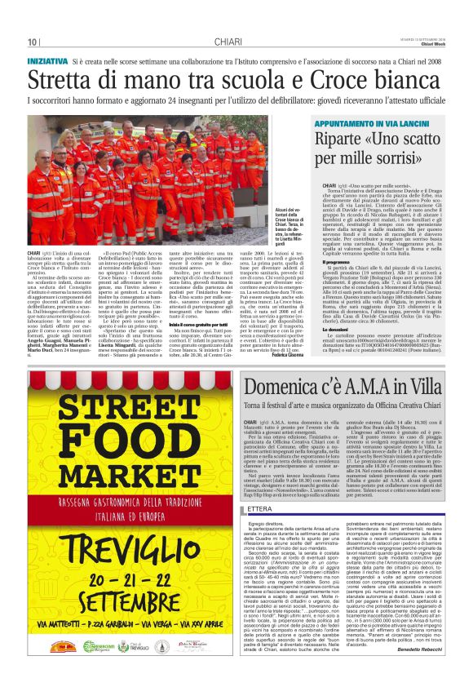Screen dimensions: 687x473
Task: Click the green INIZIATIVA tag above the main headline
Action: pyautogui.click(x=47, y=61)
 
